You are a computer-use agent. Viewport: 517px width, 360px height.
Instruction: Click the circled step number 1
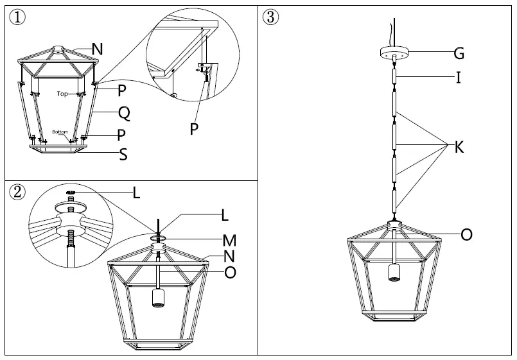point(17,17)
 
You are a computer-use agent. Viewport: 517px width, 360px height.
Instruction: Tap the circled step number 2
point(17,191)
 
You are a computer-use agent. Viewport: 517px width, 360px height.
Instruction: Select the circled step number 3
point(271,17)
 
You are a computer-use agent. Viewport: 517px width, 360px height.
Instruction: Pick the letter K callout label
point(459,147)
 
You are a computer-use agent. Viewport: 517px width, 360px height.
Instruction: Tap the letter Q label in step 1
point(125,114)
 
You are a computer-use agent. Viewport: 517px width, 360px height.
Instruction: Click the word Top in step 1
point(62,93)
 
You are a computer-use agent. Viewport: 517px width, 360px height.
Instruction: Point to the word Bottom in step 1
point(60,132)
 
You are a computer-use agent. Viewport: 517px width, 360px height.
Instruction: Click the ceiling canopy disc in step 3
point(394,51)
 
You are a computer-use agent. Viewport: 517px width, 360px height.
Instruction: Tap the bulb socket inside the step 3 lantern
point(394,271)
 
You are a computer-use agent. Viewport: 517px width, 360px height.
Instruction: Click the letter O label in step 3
point(467,235)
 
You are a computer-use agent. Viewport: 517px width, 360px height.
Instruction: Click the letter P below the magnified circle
point(194,128)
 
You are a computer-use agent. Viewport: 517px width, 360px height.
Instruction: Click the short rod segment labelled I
point(394,78)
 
